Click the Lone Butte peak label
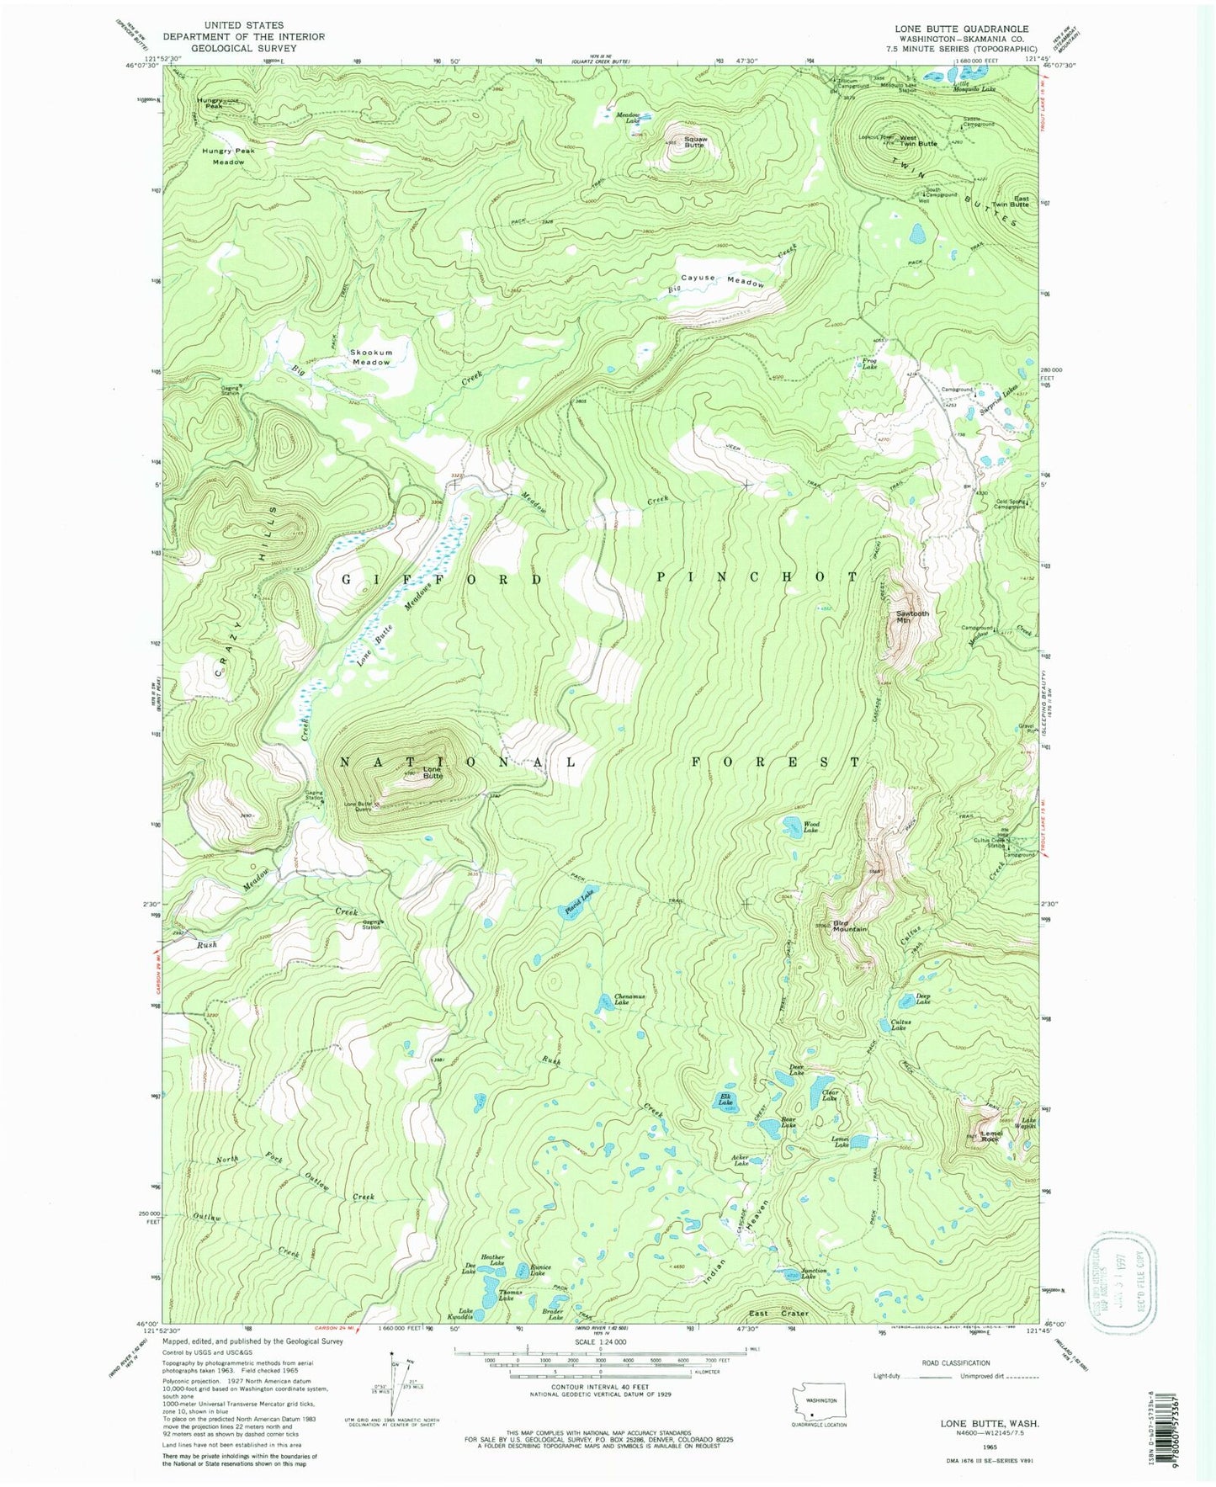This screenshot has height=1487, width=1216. (x=432, y=773)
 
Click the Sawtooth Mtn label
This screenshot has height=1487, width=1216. (x=912, y=617)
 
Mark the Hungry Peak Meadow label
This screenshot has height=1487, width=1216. (x=228, y=156)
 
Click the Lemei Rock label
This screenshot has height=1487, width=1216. (x=990, y=1136)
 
